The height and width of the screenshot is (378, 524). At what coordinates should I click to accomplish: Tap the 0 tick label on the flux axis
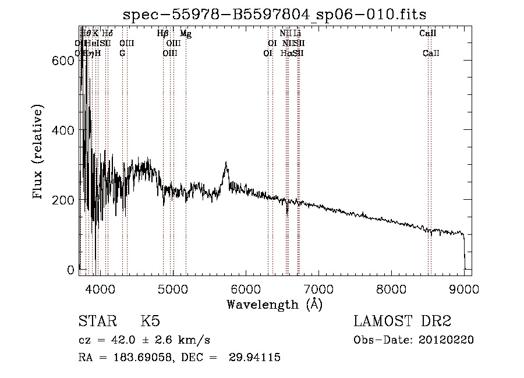[70, 270]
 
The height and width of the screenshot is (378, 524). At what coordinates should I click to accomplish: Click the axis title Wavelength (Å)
[274, 303]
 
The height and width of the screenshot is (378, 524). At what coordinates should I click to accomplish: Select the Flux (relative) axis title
[38, 153]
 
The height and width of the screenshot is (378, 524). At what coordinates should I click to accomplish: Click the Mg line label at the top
[185, 34]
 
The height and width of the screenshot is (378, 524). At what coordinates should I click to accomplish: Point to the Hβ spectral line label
[163, 34]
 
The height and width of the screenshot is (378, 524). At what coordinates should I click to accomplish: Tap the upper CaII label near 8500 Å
[428, 34]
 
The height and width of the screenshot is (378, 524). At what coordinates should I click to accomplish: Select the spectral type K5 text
[150, 322]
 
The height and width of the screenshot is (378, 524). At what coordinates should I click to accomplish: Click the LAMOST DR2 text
[402, 322]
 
